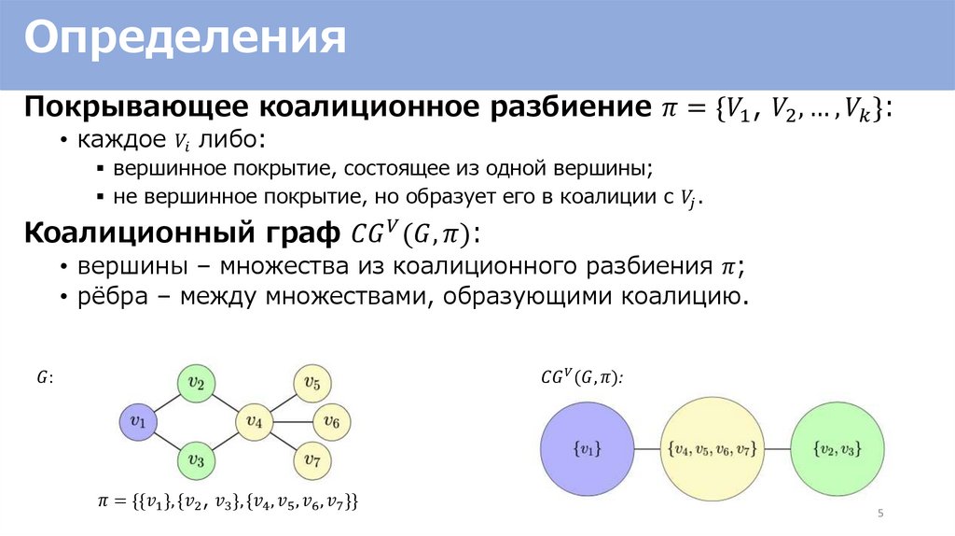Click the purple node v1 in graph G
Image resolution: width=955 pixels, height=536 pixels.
[x=138, y=422]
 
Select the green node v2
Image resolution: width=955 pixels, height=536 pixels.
[x=196, y=383]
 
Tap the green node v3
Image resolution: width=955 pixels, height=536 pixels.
[x=196, y=460]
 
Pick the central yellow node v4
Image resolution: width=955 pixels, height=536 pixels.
[x=254, y=422]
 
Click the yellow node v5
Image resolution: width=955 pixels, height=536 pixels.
[x=312, y=383]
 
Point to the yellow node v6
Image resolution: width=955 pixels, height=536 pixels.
[x=331, y=422]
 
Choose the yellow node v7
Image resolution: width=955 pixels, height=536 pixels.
[x=312, y=460]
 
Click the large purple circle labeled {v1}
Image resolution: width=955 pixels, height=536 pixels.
[x=586, y=449]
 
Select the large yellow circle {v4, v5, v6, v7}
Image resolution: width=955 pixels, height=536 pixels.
[x=710, y=449]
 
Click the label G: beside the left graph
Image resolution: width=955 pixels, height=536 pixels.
[x=45, y=377]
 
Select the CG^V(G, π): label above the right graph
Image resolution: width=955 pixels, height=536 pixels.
[x=582, y=377]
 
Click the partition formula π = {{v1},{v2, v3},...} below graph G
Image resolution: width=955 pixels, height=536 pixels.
[x=228, y=501]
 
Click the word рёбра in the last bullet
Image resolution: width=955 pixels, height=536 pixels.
[x=102, y=299]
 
